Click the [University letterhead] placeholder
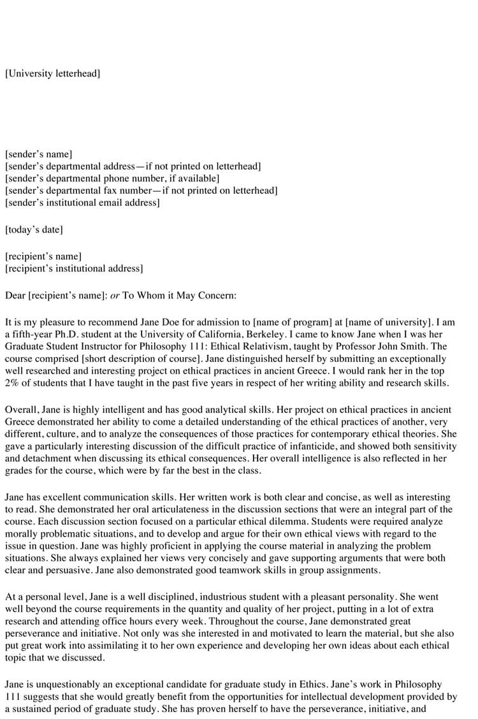coord(52,73)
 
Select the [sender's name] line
coord(38,154)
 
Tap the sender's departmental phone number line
coord(112,178)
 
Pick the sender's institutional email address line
coord(82,203)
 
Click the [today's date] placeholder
coord(34,229)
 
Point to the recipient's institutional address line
coord(74,268)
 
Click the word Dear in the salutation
coord(15,295)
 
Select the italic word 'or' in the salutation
coord(115,295)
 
